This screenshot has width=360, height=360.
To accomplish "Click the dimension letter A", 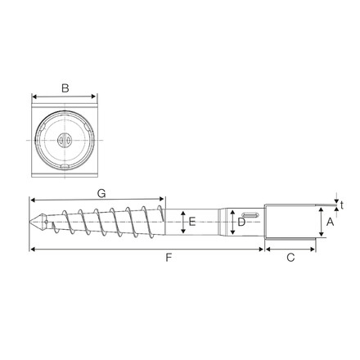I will coord(331,222).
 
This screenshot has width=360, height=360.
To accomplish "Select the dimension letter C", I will coord(290,258).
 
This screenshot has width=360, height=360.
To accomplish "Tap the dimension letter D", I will coord(241,222).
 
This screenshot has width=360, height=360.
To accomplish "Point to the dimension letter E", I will coord(191,222).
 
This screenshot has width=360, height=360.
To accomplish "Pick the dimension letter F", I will coord(168,258).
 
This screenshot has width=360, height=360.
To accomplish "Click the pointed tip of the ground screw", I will coord(30,222).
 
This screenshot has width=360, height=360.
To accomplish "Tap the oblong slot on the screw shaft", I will coord(251,214).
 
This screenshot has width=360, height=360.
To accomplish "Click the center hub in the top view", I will coord(65,139).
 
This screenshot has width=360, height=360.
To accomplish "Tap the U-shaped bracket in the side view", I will coord(290,222).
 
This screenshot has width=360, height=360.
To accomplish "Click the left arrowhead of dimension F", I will coord(32,248).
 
